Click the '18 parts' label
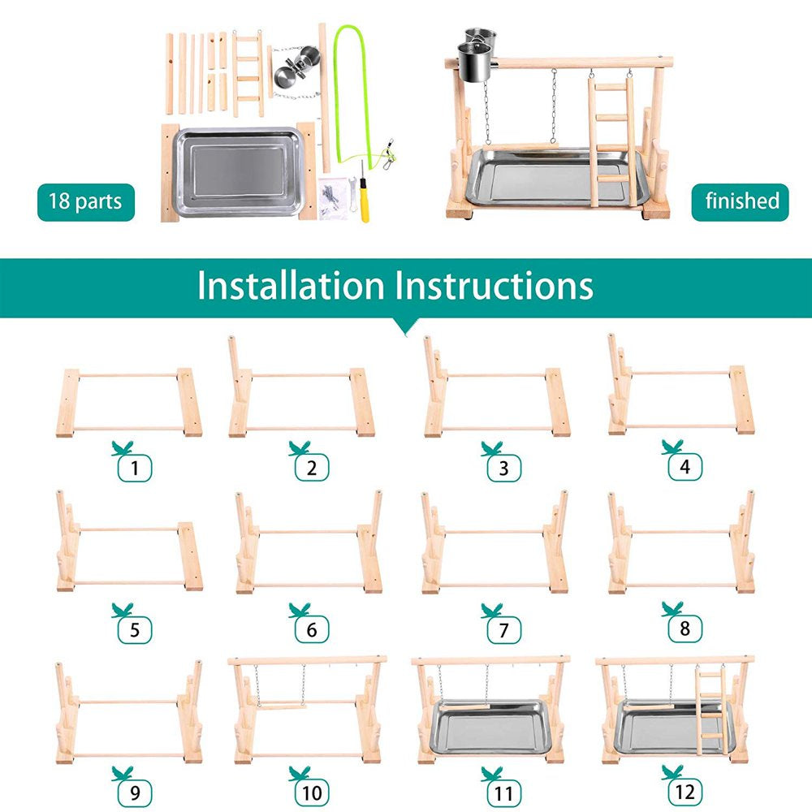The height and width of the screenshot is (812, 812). click(85, 201)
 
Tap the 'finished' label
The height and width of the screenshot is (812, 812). click(741, 201)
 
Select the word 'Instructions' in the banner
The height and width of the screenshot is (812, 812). click(494, 286)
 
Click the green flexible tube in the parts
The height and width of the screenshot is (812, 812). click(339, 89)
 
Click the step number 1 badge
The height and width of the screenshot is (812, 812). click(135, 468)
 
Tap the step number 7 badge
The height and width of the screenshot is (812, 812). click(500, 630)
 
